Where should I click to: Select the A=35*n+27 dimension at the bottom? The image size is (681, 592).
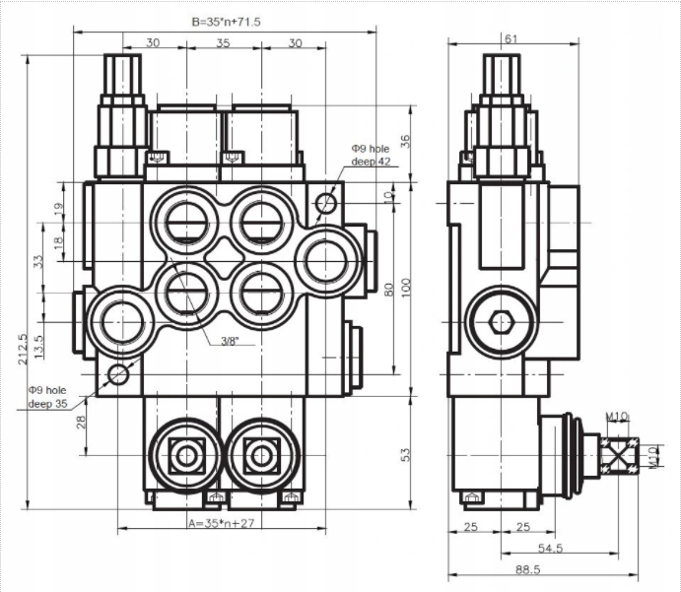pyautogui.click(x=221, y=523)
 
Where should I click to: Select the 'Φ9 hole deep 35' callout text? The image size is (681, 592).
pyautogui.click(x=48, y=397)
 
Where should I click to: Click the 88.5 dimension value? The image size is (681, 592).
pyautogui.click(x=509, y=568)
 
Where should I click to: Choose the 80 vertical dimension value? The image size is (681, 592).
pyautogui.click(x=389, y=289)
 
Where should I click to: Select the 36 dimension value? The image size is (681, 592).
pyautogui.click(x=405, y=141)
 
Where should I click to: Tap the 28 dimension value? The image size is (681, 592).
pyautogui.click(x=81, y=421)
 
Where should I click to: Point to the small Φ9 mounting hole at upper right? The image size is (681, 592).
pyautogui.click(x=325, y=202)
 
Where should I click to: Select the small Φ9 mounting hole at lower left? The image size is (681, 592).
pyautogui.click(x=119, y=373)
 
